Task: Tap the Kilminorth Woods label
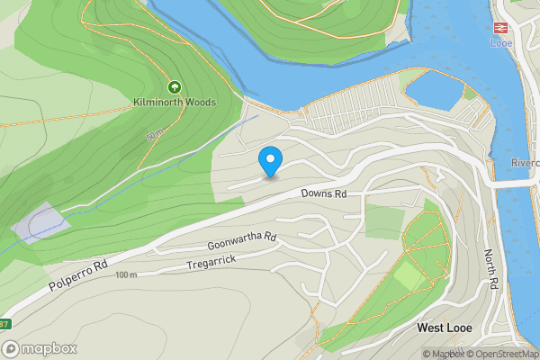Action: pos(174,103)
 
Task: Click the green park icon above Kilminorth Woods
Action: pos(174,88)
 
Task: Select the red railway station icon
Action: pos(500,27)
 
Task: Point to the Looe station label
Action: pos(500,42)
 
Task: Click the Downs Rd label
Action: pos(324,193)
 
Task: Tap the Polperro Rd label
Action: pos(79,280)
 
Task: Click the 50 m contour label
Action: pos(154,136)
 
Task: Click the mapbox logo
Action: pos(40,348)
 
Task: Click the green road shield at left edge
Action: pos(4,324)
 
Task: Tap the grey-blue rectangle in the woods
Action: pos(40,222)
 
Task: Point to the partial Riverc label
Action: pos(525,164)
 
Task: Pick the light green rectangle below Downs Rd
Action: pos(384,222)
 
